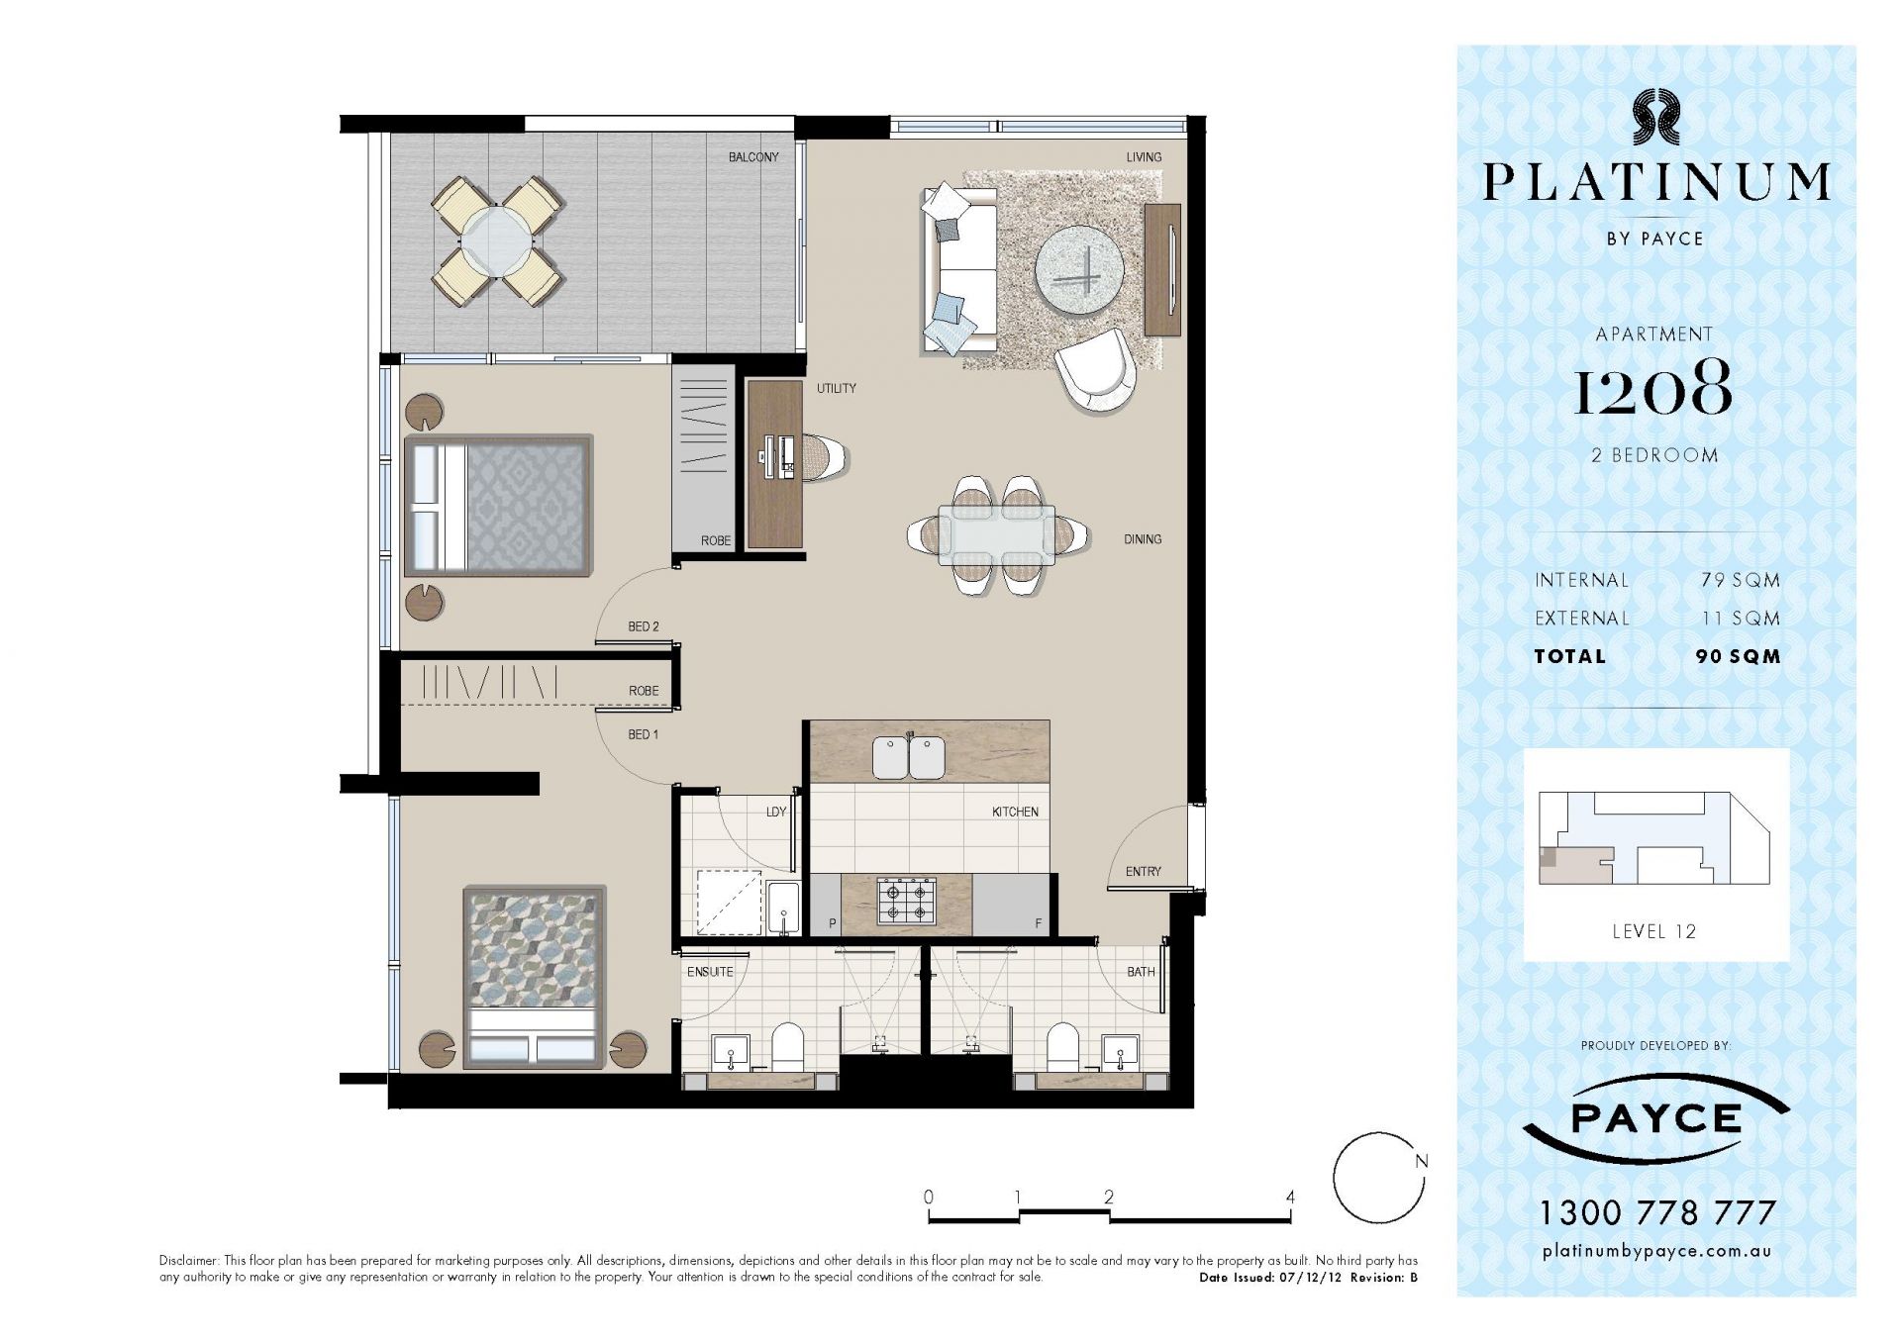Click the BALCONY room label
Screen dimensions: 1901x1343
753,157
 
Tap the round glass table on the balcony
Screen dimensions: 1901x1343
497,241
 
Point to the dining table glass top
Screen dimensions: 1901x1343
997,534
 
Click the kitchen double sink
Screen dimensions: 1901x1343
908,757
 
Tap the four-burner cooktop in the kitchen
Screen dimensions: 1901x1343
907,902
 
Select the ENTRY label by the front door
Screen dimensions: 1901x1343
1143,871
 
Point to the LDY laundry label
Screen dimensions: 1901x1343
776,812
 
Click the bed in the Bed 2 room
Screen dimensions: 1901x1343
499,505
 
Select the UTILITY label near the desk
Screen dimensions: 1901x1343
836,388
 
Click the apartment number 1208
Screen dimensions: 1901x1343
1652,389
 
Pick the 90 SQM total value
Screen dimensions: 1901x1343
1738,656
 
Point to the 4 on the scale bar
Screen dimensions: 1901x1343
1290,1197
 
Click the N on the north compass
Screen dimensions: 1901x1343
1422,1161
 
